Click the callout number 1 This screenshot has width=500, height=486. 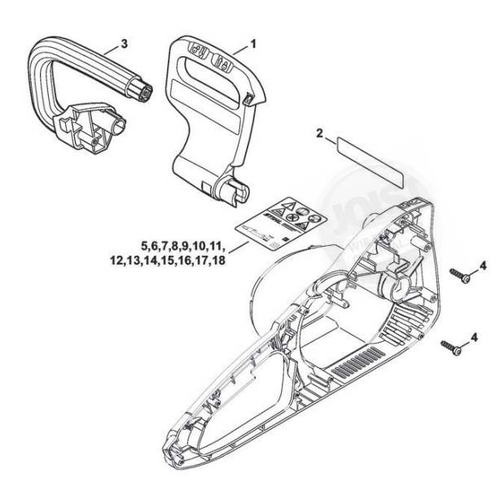(253, 42)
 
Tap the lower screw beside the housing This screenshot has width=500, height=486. (451, 348)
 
